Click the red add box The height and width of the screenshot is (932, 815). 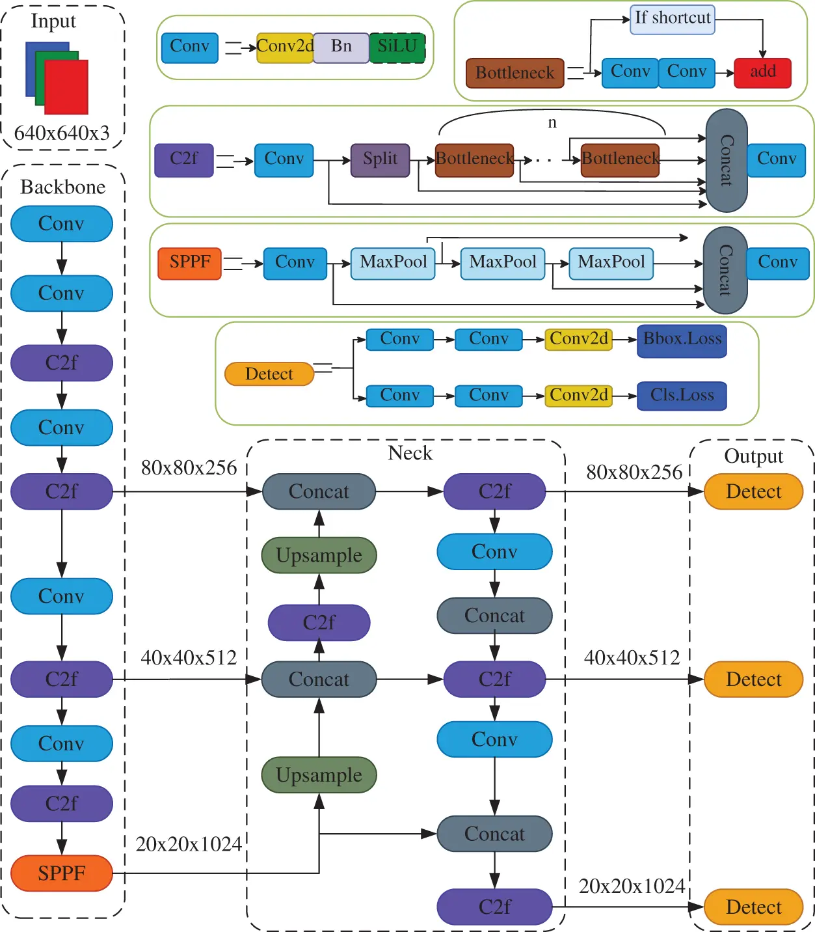(x=762, y=73)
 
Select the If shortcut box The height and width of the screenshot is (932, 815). (x=673, y=19)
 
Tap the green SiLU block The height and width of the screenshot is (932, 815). (x=397, y=48)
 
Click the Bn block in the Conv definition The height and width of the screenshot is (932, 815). (x=341, y=48)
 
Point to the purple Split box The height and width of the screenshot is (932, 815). (x=380, y=160)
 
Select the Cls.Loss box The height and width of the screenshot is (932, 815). (x=682, y=396)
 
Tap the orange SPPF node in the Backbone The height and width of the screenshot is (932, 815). (x=62, y=873)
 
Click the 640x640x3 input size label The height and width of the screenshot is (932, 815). (x=62, y=133)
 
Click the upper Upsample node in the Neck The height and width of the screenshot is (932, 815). (x=319, y=555)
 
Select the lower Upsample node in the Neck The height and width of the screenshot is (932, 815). (x=319, y=774)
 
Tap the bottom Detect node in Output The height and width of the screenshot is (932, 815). (x=753, y=907)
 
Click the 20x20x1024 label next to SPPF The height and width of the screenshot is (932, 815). (x=189, y=844)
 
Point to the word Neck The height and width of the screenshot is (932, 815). (x=410, y=453)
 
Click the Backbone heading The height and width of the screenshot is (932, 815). (x=62, y=187)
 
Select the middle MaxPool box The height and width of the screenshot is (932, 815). (x=502, y=263)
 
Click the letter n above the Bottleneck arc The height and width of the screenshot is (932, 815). (x=552, y=122)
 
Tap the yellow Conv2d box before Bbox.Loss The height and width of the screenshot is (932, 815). (x=578, y=340)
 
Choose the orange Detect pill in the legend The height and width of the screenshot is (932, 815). (x=269, y=374)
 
